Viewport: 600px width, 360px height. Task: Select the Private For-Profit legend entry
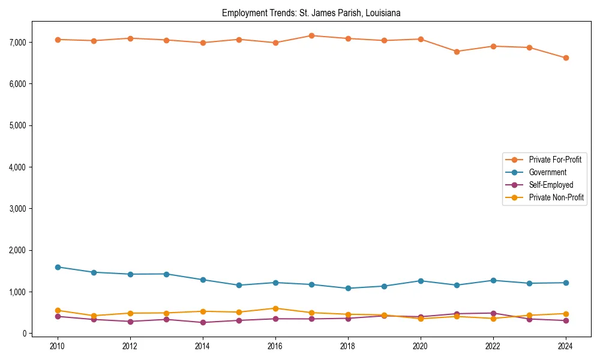coord(554,160)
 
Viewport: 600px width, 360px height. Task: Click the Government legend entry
coord(547,172)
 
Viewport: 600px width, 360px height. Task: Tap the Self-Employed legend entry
coord(551,185)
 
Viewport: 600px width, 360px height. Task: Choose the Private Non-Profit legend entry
coord(556,197)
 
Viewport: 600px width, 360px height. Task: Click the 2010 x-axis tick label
coord(58,346)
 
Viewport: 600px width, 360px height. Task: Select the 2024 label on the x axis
coord(566,346)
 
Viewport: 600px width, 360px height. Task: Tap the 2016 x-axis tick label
coord(275,346)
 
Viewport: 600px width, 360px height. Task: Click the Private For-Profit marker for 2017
coord(311,35)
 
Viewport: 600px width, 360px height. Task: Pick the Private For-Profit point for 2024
coord(566,58)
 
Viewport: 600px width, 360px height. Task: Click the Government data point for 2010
coord(58,267)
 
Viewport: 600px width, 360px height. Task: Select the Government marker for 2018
coord(348,289)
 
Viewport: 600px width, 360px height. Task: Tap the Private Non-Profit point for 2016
coord(275,308)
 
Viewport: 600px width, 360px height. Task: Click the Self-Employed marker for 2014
coord(203,322)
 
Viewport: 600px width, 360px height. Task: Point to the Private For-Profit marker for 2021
coord(457,52)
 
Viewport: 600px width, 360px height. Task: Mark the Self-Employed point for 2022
coord(493,313)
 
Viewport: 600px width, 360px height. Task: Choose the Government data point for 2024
coord(566,283)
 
